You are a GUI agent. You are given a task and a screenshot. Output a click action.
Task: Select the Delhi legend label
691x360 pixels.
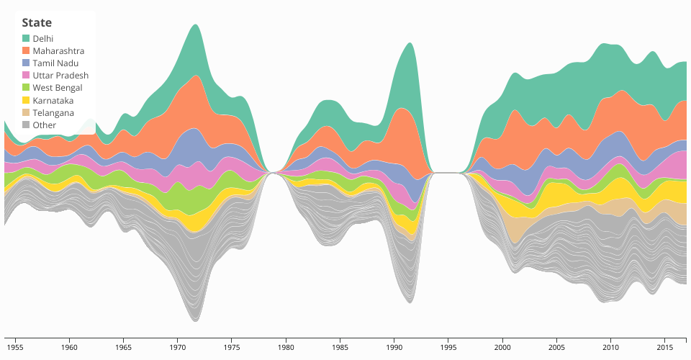pyautogui.click(x=43, y=38)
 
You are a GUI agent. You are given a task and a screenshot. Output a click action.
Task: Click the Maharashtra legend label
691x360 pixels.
pyautogui.click(x=58, y=51)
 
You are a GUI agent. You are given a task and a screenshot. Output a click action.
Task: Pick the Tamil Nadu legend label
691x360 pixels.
pyautogui.click(x=55, y=63)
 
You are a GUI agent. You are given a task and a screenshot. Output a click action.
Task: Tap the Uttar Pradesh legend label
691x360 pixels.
pyautogui.click(x=60, y=76)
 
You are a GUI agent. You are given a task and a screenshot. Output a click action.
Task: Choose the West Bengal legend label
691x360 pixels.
pyautogui.click(x=58, y=88)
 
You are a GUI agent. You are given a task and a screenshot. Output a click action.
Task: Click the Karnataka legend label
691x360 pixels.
pyautogui.click(x=53, y=100)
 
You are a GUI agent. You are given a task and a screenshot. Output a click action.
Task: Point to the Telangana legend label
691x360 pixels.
pyautogui.click(x=53, y=112)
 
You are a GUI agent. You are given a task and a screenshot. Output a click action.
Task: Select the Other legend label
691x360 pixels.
pyautogui.click(x=44, y=125)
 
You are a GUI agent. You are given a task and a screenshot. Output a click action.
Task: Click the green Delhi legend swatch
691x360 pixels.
pyautogui.click(x=26, y=38)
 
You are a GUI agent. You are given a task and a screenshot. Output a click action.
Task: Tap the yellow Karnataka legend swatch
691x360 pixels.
pyautogui.click(x=26, y=100)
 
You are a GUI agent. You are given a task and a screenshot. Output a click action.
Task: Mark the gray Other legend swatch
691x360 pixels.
pyautogui.click(x=26, y=125)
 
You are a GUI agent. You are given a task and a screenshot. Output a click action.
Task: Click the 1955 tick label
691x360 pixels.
pyautogui.click(x=15, y=347)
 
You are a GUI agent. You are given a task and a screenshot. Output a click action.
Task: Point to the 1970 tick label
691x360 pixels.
pyautogui.click(x=177, y=347)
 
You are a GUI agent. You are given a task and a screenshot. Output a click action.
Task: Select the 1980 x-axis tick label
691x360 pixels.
pyautogui.click(x=286, y=347)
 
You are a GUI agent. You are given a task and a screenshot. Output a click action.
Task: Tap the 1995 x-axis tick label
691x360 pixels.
pyautogui.click(x=448, y=347)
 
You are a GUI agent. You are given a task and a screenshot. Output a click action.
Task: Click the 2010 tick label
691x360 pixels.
pyautogui.click(x=610, y=347)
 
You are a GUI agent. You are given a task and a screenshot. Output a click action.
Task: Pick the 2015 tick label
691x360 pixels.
pyautogui.click(x=664, y=347)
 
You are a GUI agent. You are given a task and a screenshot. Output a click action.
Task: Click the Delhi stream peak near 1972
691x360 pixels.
pyautogui.click(x=195, y=50)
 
